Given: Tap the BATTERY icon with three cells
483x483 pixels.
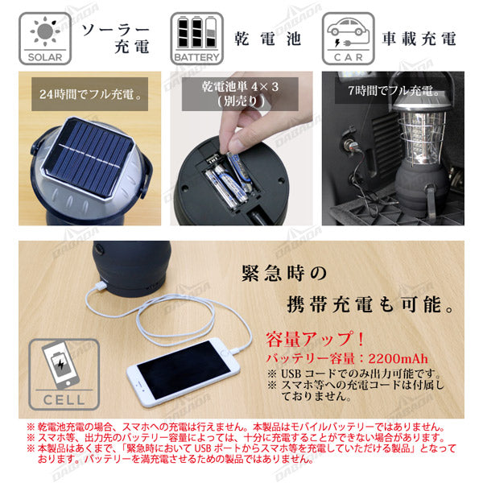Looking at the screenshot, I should click(196, 37).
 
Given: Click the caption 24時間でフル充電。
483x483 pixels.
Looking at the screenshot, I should click(90, 93).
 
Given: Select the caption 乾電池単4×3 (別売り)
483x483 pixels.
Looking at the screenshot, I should click(246, 93).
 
